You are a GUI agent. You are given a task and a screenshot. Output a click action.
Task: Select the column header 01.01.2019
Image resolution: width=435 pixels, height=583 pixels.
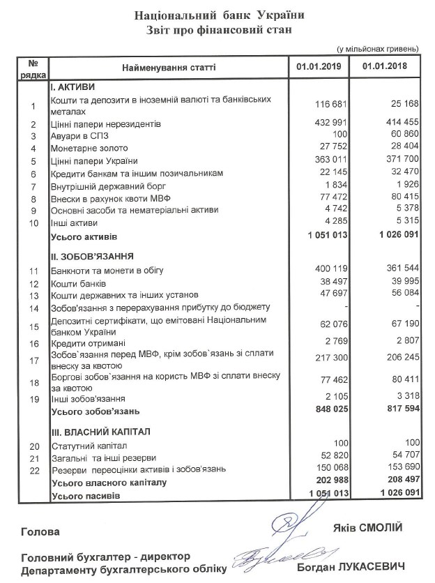point(317,68)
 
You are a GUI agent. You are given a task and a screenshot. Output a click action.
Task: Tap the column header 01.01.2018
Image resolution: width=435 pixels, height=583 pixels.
point(385,68)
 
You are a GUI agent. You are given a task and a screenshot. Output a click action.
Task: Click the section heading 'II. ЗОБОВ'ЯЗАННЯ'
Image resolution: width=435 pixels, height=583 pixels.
point(93,257)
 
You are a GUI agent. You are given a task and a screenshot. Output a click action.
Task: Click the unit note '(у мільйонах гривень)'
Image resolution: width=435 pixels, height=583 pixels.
point(376,49)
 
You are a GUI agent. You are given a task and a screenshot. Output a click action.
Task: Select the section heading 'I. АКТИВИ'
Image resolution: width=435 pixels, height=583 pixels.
point(72,86)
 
